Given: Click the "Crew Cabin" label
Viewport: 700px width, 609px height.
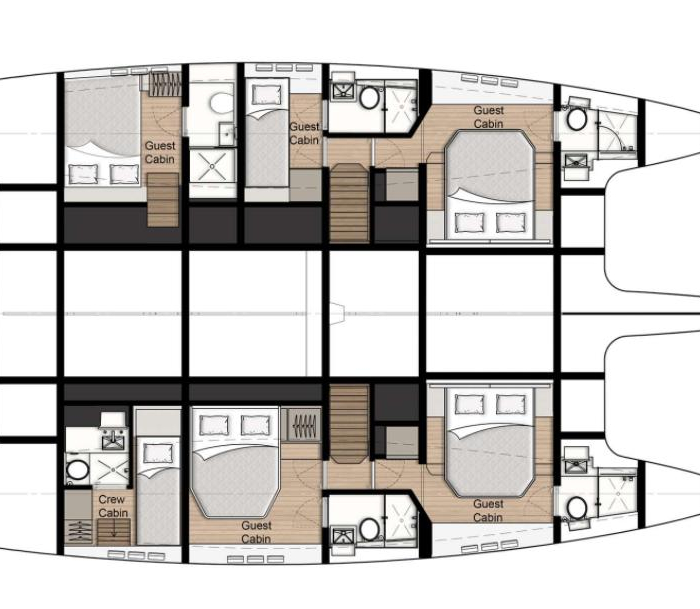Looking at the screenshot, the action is [x=113, y=506].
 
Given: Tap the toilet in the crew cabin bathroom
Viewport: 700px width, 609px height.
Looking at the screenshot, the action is [x=77, y=470].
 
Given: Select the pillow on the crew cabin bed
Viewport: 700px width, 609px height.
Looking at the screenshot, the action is [x=158, y=454].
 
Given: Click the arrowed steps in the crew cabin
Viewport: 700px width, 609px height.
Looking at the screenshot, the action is [x=114, y=531].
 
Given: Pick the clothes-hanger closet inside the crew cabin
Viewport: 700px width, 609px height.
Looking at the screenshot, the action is [x=79, y=531].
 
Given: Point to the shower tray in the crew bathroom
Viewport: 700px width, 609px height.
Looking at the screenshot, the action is [x=110, y=468].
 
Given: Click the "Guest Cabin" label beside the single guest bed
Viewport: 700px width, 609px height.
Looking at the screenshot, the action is [x=304, y=133].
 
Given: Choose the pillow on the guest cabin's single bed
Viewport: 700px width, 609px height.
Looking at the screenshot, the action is [x=267, y=95].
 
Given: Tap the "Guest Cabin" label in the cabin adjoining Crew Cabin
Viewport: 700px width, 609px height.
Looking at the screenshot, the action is [x=256, y=532].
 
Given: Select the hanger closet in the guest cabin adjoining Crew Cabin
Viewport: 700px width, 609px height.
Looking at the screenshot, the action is [x=304, y=424].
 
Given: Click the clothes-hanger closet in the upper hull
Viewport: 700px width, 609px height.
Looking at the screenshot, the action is [x=165, y=84].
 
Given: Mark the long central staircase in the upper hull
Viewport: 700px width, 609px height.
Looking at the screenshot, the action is [x=349, y=203].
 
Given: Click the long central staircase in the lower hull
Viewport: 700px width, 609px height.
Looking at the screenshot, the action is [x=349, y=424].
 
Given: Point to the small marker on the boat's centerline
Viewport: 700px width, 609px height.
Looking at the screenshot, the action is [x=337, y=314].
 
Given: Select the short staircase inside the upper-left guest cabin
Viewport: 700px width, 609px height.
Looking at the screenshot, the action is [x=163, y=200].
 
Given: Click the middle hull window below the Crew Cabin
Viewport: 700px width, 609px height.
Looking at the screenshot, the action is [x=136, y=555].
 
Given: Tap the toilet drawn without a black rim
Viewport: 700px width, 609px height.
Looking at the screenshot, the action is [x=222, y=103].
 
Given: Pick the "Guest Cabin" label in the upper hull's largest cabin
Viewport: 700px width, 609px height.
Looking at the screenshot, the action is [x=488, y=117].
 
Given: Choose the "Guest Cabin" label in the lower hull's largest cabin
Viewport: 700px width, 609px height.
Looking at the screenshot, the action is [x=488, y=511].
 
